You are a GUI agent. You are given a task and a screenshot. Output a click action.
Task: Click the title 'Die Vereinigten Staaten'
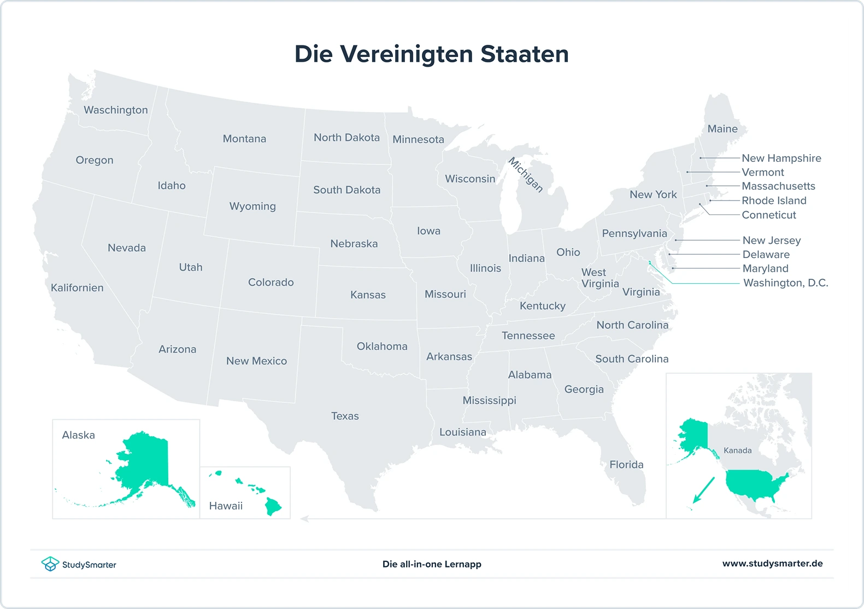click(x=432, y=54)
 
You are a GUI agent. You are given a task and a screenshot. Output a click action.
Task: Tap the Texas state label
click(x=345, y=416)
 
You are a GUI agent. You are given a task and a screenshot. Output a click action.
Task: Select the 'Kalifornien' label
click(x=77, y=288)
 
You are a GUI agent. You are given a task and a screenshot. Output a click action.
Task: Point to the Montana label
click(x=244, y=139)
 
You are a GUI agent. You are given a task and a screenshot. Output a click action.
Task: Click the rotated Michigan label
click(x=526, y=174)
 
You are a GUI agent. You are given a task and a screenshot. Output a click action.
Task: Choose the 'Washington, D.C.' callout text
click(x=785, y=283)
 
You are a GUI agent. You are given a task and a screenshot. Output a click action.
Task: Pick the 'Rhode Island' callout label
click(x=774, y=201)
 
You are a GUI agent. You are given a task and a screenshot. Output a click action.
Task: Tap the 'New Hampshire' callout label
click(x=781, y=158)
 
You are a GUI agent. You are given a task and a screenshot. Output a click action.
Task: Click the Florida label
click(x=626, y=465)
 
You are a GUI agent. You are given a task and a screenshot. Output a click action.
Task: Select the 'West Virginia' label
click(x=599, y=278)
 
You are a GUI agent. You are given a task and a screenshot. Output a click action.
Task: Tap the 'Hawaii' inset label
click(x=226, y=506)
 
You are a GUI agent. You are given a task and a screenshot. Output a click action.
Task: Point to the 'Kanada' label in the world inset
click(x=737, y=450)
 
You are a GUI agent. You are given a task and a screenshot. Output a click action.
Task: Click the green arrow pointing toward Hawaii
click(x=703, y=490)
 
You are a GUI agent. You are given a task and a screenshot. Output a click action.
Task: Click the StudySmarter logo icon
click(x=50, y=564)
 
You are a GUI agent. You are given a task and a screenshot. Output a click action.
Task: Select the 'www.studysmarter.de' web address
click(x=772, y=564)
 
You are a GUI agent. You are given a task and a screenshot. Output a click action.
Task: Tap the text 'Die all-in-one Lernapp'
click(x=432, y=564)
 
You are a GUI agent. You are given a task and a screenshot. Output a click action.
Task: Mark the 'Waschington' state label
click(x=116, y=110)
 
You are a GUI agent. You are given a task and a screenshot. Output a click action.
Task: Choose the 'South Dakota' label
click(x=346, y=190)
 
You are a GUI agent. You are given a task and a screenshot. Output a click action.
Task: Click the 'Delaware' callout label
click(x=766, y=254)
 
